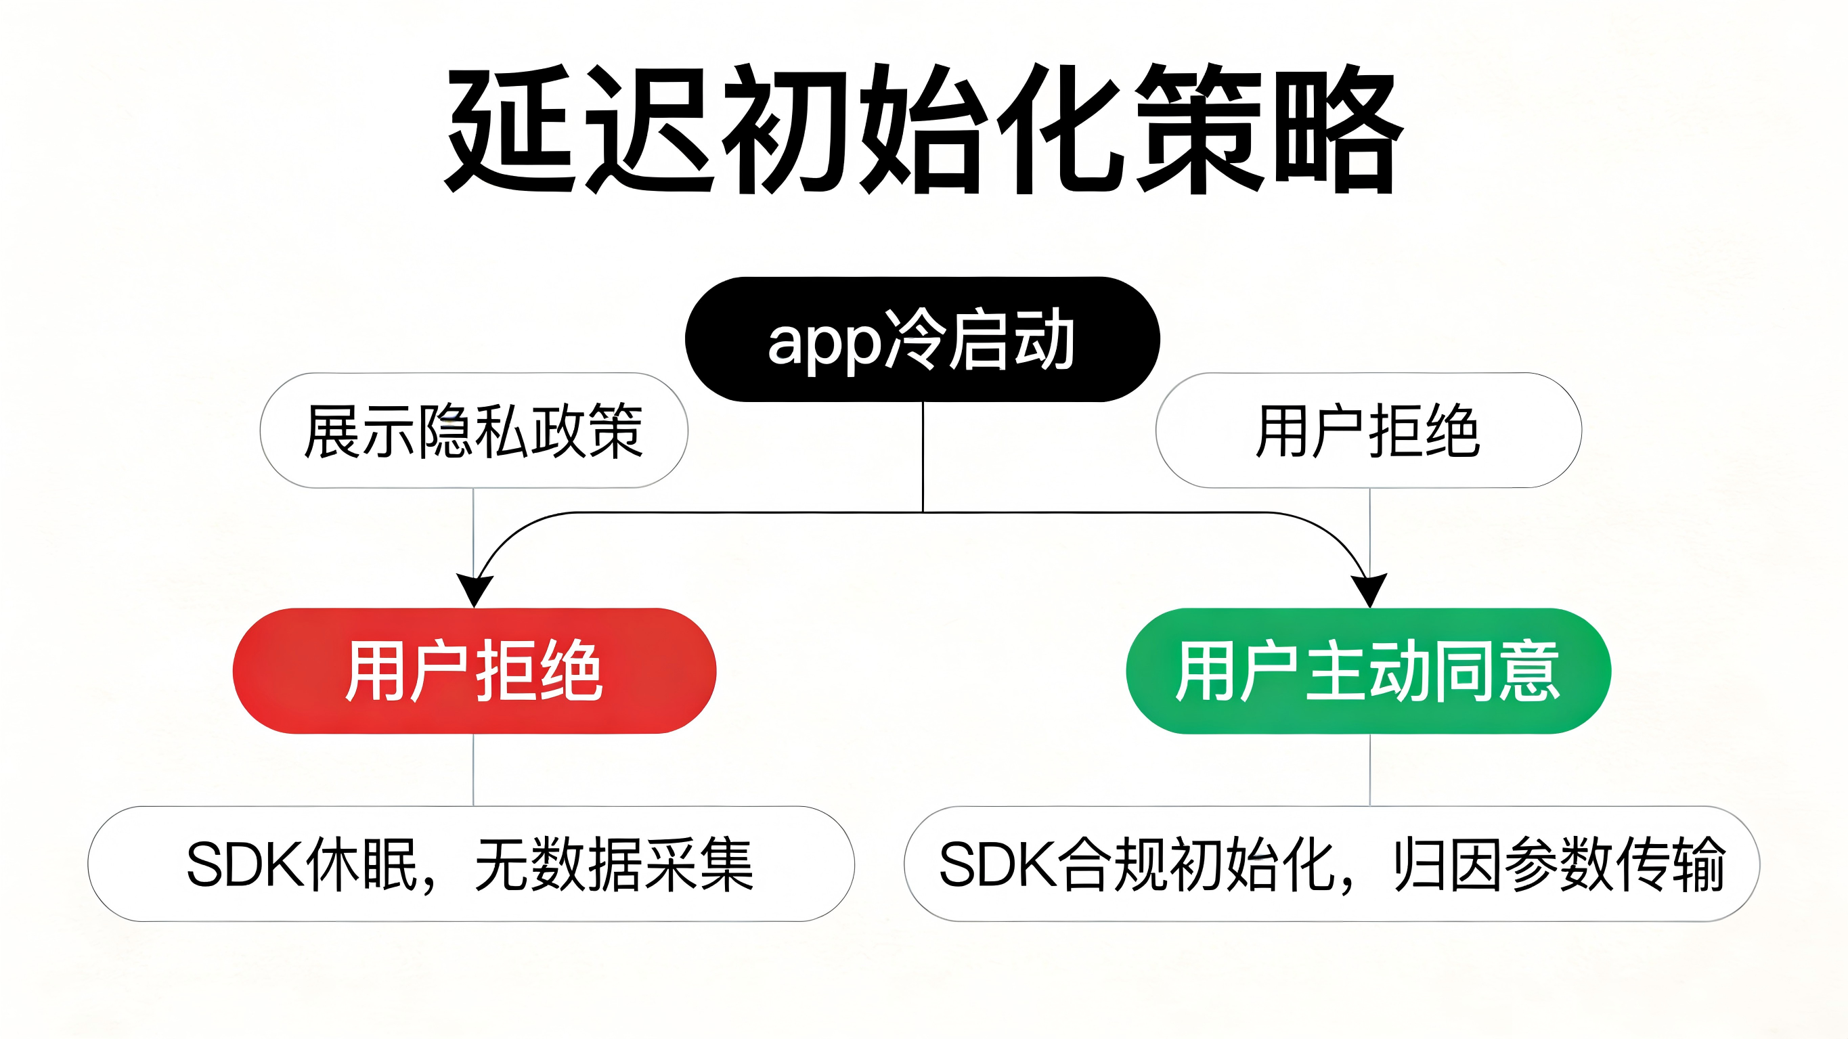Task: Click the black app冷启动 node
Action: coord(923,339)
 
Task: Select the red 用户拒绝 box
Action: coord(475,671)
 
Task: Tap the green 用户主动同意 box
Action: coord(1368,671)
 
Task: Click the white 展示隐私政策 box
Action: coord(473,430)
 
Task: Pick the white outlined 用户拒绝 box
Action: coord(1368,430)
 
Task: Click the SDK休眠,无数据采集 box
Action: coord(470,864)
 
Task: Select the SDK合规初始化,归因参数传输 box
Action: coord(1332,864)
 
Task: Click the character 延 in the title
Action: coord(511,129)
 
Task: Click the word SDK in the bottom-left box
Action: coord(244,864)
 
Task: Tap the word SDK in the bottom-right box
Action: coord(997,864)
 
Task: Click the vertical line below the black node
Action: coord(923,456)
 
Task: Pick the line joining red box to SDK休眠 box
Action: coord(473,769)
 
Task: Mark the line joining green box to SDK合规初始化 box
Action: coord(1369,769)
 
